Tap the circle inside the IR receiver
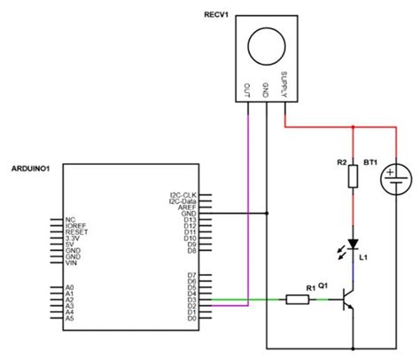(x=267, y=45)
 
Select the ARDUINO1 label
(x=28, y=167)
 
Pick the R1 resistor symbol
(x=300, y=300)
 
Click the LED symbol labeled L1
(x=353, y=243)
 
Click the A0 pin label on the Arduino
(x=69, y=288)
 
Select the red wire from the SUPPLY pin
(x=319, y=127)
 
